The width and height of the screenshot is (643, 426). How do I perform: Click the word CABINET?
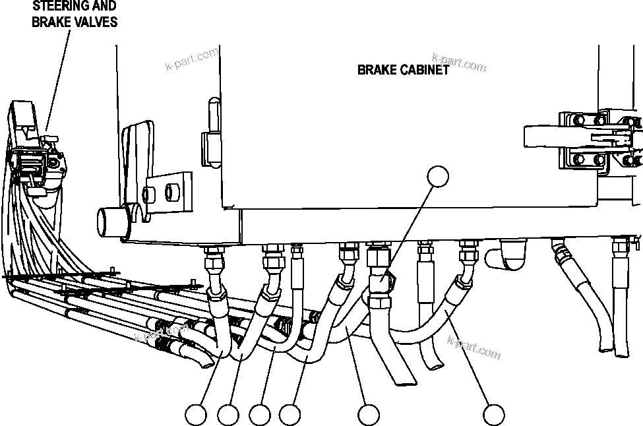(425, 70)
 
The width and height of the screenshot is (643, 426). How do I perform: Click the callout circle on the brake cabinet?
(438, 177)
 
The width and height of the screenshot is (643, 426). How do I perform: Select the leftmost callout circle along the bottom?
(195, 415)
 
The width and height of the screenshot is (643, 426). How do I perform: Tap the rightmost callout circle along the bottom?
(493, 415)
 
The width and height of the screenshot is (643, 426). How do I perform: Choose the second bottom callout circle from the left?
(228, 415)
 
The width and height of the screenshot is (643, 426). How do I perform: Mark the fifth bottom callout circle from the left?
(369, 415)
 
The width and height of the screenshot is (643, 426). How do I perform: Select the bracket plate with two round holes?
(164, 191)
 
